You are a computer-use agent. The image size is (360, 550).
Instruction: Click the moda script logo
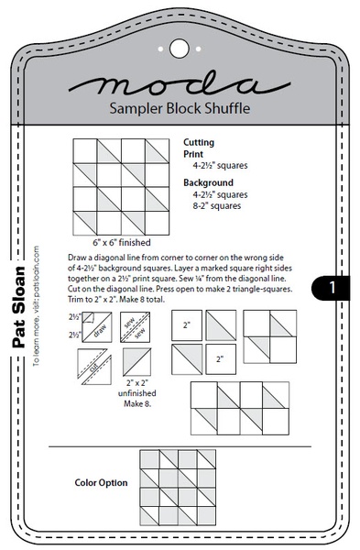point(180,86)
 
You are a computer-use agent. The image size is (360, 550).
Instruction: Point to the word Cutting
point(201,144)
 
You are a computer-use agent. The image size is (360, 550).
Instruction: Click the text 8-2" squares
point(216,205)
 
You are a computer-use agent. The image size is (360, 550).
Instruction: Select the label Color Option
point(101,481)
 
